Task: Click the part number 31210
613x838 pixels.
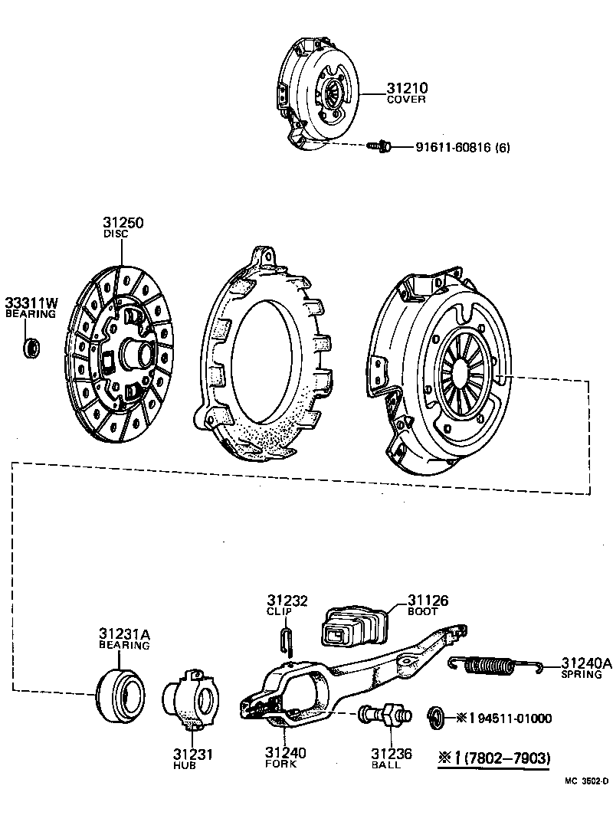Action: pos(406,88)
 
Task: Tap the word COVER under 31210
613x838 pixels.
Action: pos(406,100)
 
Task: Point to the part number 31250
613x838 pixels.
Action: pos(123,223)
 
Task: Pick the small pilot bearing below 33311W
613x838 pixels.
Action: pos(31,347)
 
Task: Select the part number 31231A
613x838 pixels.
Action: pos(124,634)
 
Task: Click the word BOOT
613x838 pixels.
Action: pos(422,612)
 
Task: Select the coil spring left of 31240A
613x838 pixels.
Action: pos(495,665)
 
